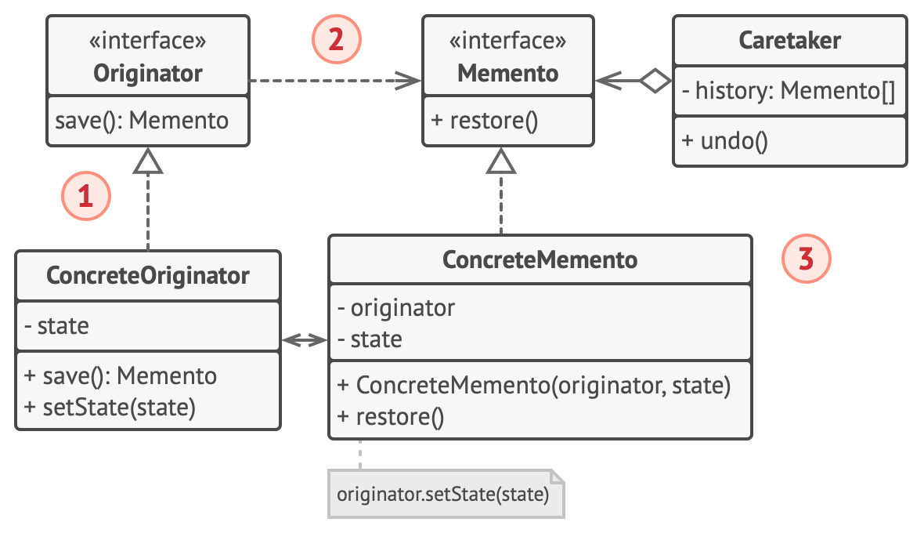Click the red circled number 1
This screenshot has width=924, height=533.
86,196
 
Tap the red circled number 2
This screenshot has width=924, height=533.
336,39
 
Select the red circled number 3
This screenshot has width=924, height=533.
806,259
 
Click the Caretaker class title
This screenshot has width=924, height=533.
789,40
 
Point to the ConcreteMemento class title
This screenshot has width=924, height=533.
540,259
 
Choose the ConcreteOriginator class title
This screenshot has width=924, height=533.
148,275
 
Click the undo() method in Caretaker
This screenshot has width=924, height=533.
725,141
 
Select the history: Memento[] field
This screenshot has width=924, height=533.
789,91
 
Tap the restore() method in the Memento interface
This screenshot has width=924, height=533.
485,120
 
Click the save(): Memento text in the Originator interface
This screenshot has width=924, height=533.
142,120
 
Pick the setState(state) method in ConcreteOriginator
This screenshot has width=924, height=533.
110,408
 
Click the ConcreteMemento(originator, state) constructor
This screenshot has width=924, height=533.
534,385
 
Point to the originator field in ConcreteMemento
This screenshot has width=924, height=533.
396,308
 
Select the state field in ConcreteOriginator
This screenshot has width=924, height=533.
56,326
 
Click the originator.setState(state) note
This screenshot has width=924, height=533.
446,494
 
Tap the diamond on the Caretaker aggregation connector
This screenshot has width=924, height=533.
655,81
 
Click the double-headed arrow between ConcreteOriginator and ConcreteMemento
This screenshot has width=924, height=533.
305,340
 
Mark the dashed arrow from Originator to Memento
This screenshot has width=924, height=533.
335,81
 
